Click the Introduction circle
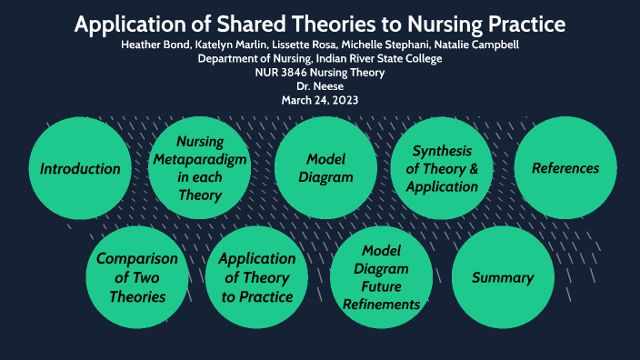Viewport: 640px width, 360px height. (80, 168)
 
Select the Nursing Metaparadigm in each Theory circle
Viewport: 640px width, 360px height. (199, 168)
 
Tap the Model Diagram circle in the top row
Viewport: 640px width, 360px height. (325, 168)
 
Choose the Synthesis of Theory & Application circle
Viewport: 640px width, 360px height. (442, 168)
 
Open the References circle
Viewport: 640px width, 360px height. (565, 168)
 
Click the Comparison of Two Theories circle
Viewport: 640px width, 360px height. (137, 277)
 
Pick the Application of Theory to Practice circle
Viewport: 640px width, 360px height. (257, 277)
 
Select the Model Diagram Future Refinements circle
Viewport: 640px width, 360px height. (382, 277)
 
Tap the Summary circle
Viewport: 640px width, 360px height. (502, 277)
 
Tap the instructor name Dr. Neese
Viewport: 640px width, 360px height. (320, 86)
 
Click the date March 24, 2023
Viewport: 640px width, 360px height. (320, 100)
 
